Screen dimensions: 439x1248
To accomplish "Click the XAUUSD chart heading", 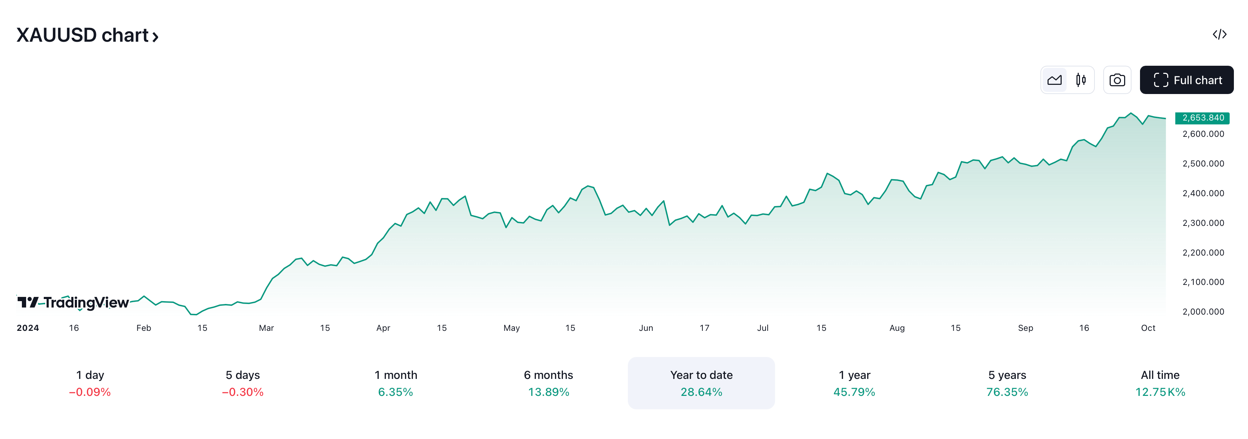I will pyautogui.click(x=87, y=35).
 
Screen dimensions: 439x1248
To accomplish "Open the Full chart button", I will pyautogui.click(x=1187, y=80).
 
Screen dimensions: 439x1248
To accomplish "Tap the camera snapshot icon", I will pyautogui.click(x=1117, y=80).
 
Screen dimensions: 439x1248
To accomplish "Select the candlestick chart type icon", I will pyautogui.click(x=1080, y=80).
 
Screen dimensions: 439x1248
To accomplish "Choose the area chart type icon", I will pyautogui.click(x=1054, y=80).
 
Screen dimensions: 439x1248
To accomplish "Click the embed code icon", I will pyautogui.click(x=1219, y=34).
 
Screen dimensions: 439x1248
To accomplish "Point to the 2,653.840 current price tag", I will pyautogui.click(x=1202, y=118).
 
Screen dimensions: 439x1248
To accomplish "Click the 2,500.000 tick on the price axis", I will pyautogui.click(x=1203, y=163).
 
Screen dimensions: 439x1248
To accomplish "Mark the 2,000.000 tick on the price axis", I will pyautogui.click(x=1203, y=311).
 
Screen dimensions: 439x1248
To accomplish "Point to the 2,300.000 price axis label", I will pyautogui.click(x=1203, y=223).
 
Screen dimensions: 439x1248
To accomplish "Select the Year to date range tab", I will pyautogui.click(x=701, y=383).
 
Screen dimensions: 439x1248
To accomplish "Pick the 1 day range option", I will pyautogui.click(x=90, y=383).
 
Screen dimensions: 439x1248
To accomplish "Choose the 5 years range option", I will pyautogui.click(x=1007, y=383).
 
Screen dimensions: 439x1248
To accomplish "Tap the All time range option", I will pyautogui.click(x=1160, y=383).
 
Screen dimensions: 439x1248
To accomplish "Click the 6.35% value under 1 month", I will pyautogui.click(x=395, y=392).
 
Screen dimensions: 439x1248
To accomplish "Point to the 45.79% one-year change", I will pyautogui.click(x=854, y=392).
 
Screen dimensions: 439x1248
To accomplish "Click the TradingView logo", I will pyautogui.click(x=73, y=303).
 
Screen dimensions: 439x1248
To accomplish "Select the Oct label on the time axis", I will pyautogui.click(x=1148, y=328).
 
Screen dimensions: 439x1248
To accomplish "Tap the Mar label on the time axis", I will pyautogui.click(x=266, y=328).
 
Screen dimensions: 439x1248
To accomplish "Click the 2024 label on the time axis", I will pyautogui.click(x=28, y=328).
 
